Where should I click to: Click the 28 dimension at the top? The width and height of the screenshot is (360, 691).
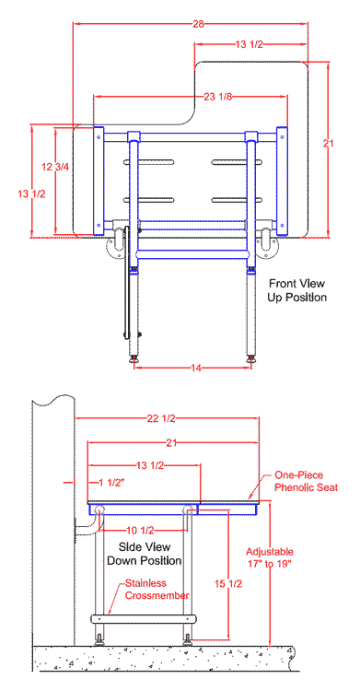(x=198, y=24)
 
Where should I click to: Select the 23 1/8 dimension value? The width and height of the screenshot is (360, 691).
(x=217, y=97)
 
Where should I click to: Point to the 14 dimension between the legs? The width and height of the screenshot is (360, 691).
(x=196, y=368)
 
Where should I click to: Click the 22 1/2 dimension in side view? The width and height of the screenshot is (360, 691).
(x=161, y=418)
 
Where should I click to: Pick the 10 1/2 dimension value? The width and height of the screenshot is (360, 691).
(x=142, y=530)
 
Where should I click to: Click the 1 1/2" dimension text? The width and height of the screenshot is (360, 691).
(x=111, y=483)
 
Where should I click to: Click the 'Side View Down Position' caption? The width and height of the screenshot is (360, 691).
(x=145, y=554)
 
